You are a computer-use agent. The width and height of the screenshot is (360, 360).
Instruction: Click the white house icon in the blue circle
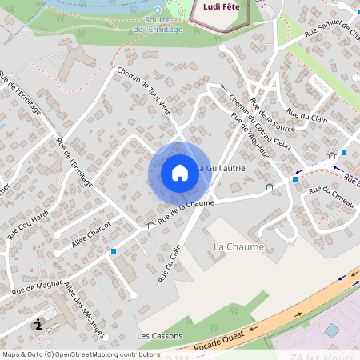tap(180, 172)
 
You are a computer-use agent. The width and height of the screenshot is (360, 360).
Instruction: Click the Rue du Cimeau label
tap(331, 196)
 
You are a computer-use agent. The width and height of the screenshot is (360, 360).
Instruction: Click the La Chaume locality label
tap(239, 247)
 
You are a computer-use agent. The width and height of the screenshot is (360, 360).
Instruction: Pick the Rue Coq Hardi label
tap(28, 225)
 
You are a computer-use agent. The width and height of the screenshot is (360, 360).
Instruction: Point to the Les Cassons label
tap(160, 336)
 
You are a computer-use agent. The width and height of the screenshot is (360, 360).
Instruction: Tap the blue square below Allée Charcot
tap(113, 251)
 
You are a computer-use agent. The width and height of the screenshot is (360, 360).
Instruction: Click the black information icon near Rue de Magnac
tap(40, 324)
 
